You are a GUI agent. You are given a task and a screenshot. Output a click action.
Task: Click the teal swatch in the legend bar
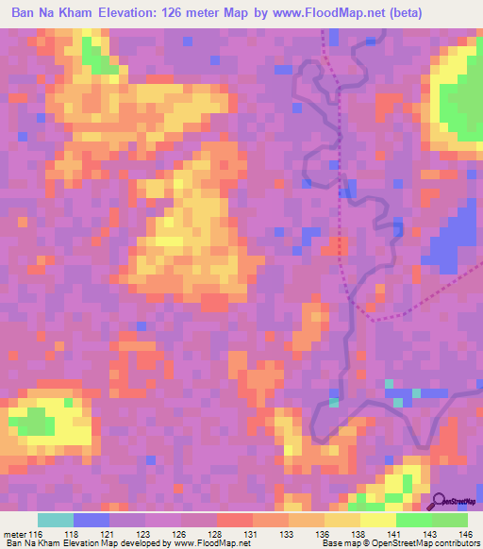[x=56, y=520]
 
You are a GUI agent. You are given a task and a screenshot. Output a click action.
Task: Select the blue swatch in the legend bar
[x=92, y=520]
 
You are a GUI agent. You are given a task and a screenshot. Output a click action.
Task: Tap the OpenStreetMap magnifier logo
[x=438, y=501]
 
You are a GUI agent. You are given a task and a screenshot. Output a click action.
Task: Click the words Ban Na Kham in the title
[x=51, y=13]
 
